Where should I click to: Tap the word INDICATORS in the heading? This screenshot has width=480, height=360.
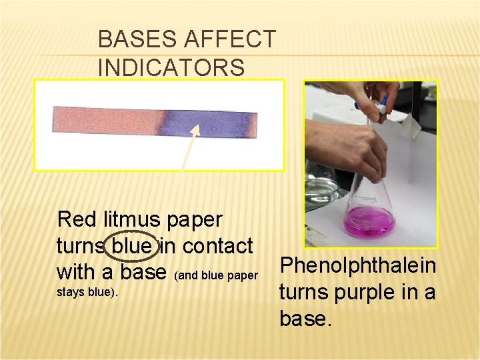pos(171,68)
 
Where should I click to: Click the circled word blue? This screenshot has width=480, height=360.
pos(132,246)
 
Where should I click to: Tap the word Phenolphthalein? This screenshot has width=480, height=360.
pos(358,265)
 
